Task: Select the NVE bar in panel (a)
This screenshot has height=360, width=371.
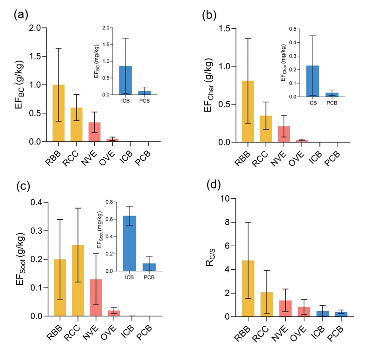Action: click(95, 132)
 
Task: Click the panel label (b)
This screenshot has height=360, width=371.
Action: click(209, 14)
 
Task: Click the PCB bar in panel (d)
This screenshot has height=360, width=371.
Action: click(341, 314)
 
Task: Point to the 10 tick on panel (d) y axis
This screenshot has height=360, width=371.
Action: click(230, 198)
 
